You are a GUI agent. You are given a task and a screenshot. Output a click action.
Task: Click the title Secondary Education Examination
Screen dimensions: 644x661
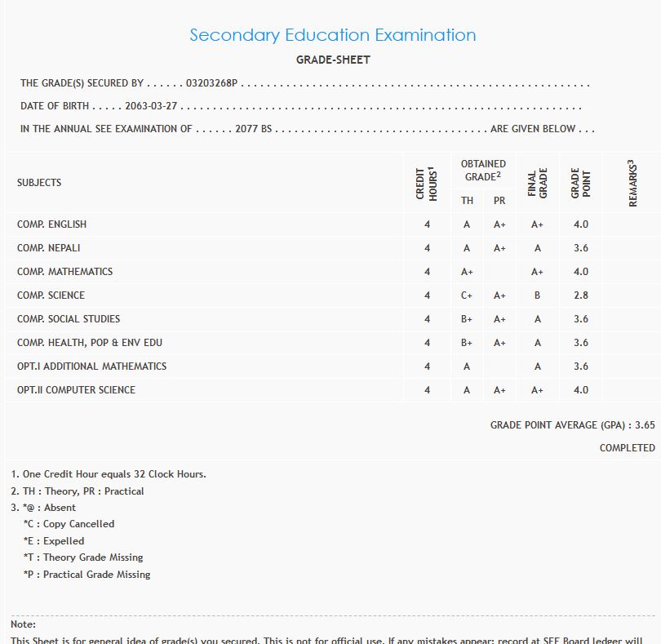[x=332, y=35]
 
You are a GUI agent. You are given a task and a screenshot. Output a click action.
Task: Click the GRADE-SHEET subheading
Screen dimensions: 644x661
[x=333, y=60]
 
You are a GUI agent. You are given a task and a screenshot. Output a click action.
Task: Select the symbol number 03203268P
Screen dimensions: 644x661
[x=211, y=83]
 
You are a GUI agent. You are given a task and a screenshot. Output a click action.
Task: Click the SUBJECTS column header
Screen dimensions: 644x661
[x=39, y=183]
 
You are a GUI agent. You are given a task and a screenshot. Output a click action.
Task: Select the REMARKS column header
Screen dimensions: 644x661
[x=632, y=183]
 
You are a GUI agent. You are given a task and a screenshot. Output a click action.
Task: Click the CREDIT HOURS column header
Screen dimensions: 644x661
[x=427, y=183]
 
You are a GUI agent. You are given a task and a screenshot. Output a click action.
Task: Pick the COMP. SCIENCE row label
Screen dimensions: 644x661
[x=51, y=295]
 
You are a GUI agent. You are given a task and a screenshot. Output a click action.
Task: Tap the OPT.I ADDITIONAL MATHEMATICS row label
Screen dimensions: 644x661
[x=91, y=366]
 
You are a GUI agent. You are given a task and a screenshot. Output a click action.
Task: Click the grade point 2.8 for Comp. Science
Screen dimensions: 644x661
[x=580, y=295]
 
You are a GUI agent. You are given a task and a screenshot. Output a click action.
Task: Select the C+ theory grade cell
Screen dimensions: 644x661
[x=467, y=295]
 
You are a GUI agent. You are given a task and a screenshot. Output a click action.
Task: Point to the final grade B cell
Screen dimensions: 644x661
[x=537, y=295]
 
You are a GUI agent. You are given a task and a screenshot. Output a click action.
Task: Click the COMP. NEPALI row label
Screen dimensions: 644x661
[x=49, y=248]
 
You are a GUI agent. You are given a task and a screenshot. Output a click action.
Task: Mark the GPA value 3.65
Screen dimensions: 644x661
[x=645, y=425]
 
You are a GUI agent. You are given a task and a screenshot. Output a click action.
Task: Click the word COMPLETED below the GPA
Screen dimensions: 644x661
[x=627, y=448]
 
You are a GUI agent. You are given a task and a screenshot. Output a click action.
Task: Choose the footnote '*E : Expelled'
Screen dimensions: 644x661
[x=54, y=541]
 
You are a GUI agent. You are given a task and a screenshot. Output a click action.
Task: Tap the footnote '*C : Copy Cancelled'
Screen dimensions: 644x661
[x=69, y=524]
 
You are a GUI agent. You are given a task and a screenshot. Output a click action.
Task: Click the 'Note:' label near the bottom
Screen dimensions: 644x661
[x=23, y=624]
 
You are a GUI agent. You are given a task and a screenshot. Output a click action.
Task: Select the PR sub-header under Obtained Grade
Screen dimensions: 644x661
[x=499, y=201]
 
